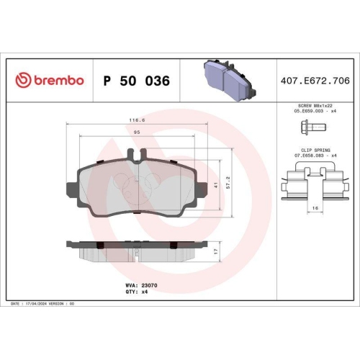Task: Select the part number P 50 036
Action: tap(137, 81)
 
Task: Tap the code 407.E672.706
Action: tap(315, 81)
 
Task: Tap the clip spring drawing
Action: tap(313, 182)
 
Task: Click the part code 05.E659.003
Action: tap(311, 112)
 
